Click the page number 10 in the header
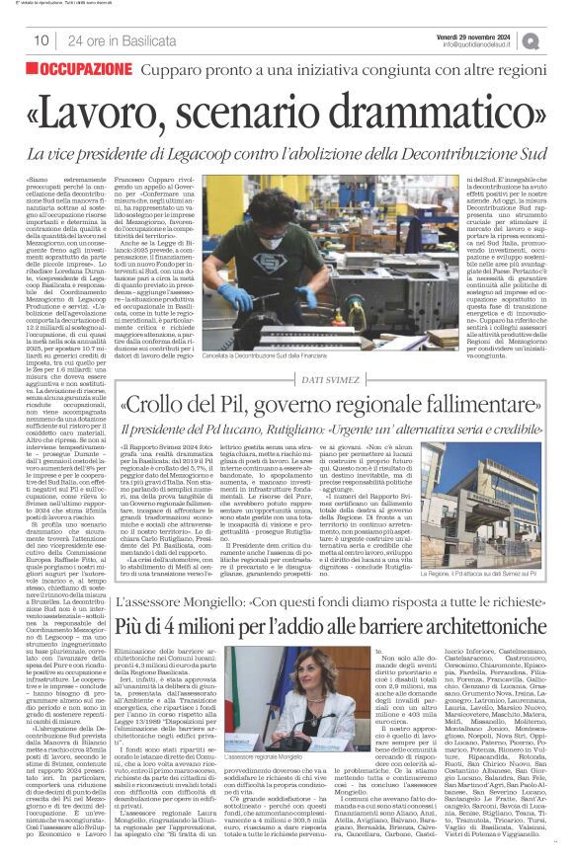tap(41, 40)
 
